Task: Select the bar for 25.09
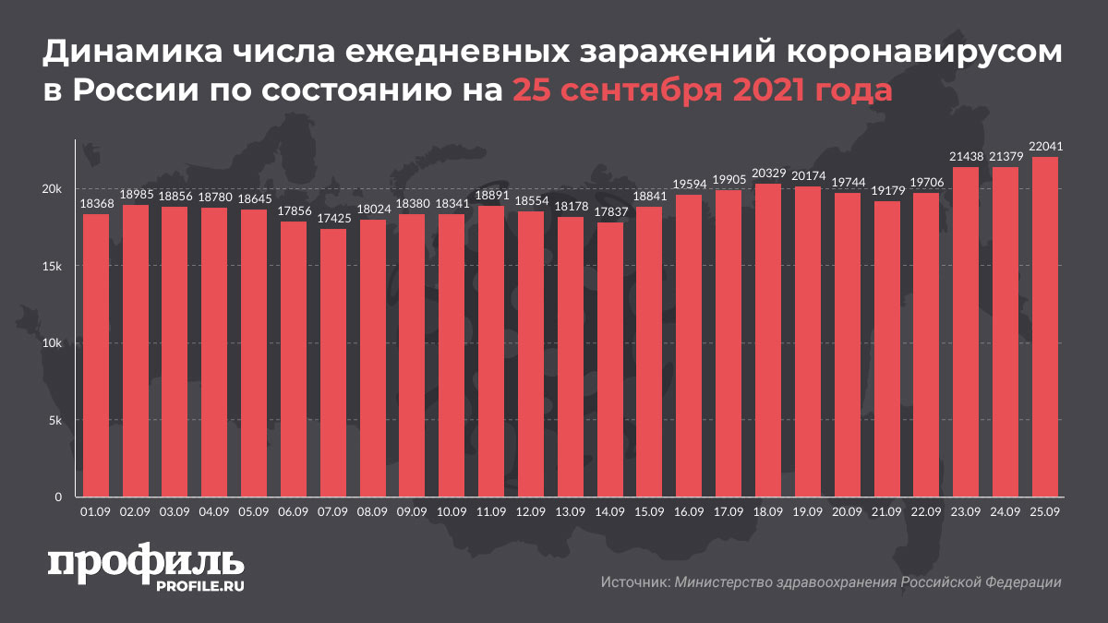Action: [1044, 327]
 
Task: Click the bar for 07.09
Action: [333, 363]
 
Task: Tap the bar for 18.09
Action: [768, 341]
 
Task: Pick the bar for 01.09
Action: [96, 355]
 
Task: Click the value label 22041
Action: [1044, 148]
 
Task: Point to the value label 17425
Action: [333, 220]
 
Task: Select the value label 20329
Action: [768, 174]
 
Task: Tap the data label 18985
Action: [136, 196]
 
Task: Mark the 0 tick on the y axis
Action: [57, 497]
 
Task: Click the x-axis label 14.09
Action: [610, 512]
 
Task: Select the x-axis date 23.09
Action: [966, 512]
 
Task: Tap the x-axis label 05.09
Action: [254, 512]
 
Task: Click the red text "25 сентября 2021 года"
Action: [703, 90]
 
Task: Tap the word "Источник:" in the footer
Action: [634, 582]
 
